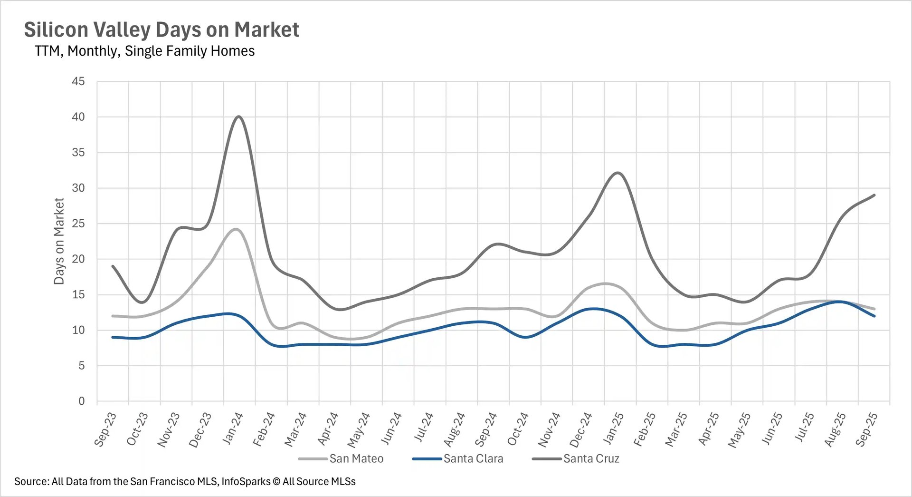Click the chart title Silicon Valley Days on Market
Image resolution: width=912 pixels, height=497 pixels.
(161, 29)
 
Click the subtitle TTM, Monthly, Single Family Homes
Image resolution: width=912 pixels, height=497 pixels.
(144, 51)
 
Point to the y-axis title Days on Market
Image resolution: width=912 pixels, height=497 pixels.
(59, 241)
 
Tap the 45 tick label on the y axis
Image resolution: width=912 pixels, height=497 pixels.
(78, 81)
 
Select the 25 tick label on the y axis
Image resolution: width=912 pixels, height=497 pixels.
(78, 224)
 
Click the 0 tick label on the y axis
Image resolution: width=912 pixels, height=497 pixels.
(81, 401)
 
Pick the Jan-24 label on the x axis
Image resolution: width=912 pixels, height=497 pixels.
(233, 429)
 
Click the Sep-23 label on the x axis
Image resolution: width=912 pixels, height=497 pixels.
(105, 429)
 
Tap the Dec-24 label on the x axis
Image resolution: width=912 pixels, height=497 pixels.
(581, 429)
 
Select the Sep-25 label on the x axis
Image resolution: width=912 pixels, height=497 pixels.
(866, 429)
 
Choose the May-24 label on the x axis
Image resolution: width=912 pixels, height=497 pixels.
(359, 429)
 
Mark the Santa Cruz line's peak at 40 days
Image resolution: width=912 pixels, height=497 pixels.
(239, 117)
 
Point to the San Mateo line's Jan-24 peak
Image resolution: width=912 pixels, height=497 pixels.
(237, 229)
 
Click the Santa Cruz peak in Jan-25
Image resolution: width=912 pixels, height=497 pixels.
(617, 173)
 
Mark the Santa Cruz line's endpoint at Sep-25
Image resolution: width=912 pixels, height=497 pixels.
(874, 195)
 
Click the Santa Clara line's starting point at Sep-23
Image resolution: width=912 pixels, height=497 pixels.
(113, 337)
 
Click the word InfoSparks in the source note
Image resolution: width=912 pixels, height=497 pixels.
(246, 481)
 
